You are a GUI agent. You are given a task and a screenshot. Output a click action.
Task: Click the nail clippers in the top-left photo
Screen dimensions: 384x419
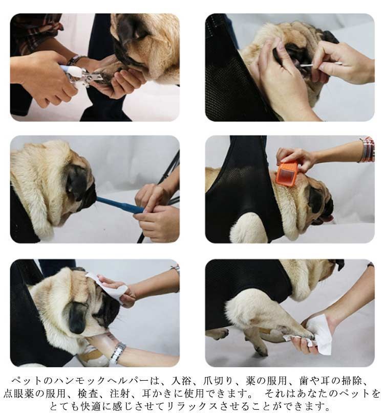tap(80, 76)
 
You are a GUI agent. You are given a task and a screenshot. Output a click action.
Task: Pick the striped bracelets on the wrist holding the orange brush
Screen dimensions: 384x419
tap(367, 149)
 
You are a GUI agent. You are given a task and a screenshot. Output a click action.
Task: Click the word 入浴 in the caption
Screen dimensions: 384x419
tap(181, 381)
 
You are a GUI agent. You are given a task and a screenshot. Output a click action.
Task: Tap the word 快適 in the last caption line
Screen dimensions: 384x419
tap(91, 407)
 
